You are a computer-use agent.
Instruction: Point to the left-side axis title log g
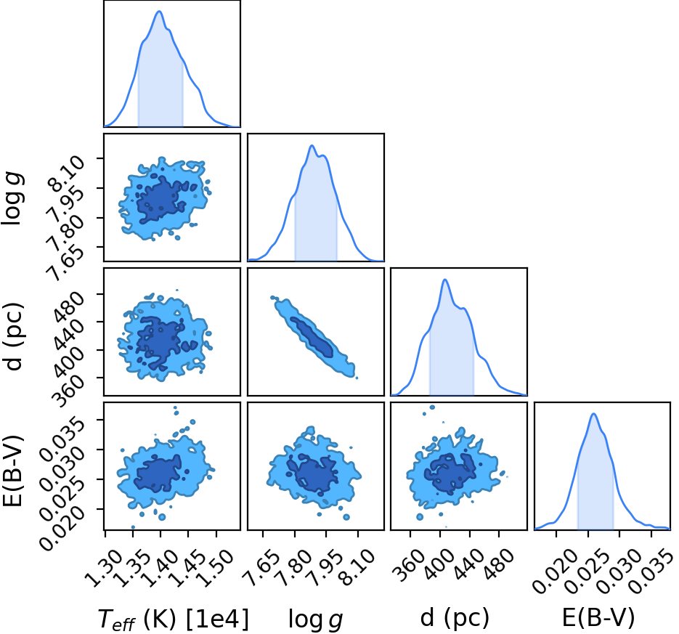point(12,198)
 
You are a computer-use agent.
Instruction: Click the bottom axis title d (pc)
point(455,617)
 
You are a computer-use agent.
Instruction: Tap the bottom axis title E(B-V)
point(598,617)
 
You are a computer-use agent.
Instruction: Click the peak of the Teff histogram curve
point(159,12)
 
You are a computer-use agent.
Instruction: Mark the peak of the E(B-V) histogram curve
point(594,413)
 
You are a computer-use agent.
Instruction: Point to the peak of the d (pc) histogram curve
point(444,280)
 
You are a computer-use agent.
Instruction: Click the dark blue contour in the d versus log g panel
point(312,337)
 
